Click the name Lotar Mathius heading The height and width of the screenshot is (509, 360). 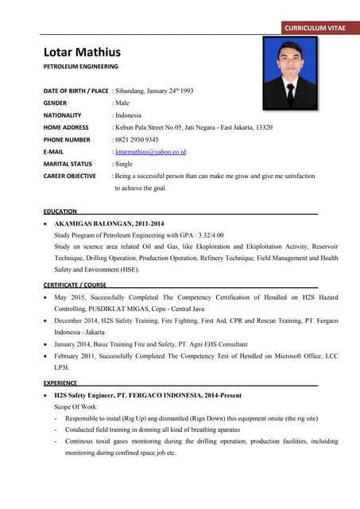point(82,52)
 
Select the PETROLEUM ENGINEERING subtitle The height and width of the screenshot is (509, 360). point(80,67)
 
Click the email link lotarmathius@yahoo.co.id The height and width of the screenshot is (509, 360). point(151,151)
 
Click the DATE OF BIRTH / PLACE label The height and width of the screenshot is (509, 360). point(75,91)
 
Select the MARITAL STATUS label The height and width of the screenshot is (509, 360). point(68,163)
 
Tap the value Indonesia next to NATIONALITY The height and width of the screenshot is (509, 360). point(128,115)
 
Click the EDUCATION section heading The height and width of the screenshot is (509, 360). point(60,212)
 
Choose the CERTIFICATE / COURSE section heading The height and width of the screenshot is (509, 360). point(75,284)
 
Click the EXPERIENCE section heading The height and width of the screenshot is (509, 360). point(60,383)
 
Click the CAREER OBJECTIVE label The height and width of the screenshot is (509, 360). point(70,176)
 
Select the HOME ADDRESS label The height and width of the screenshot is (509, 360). point(66,127)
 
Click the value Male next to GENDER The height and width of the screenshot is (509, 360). point(122,103)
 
